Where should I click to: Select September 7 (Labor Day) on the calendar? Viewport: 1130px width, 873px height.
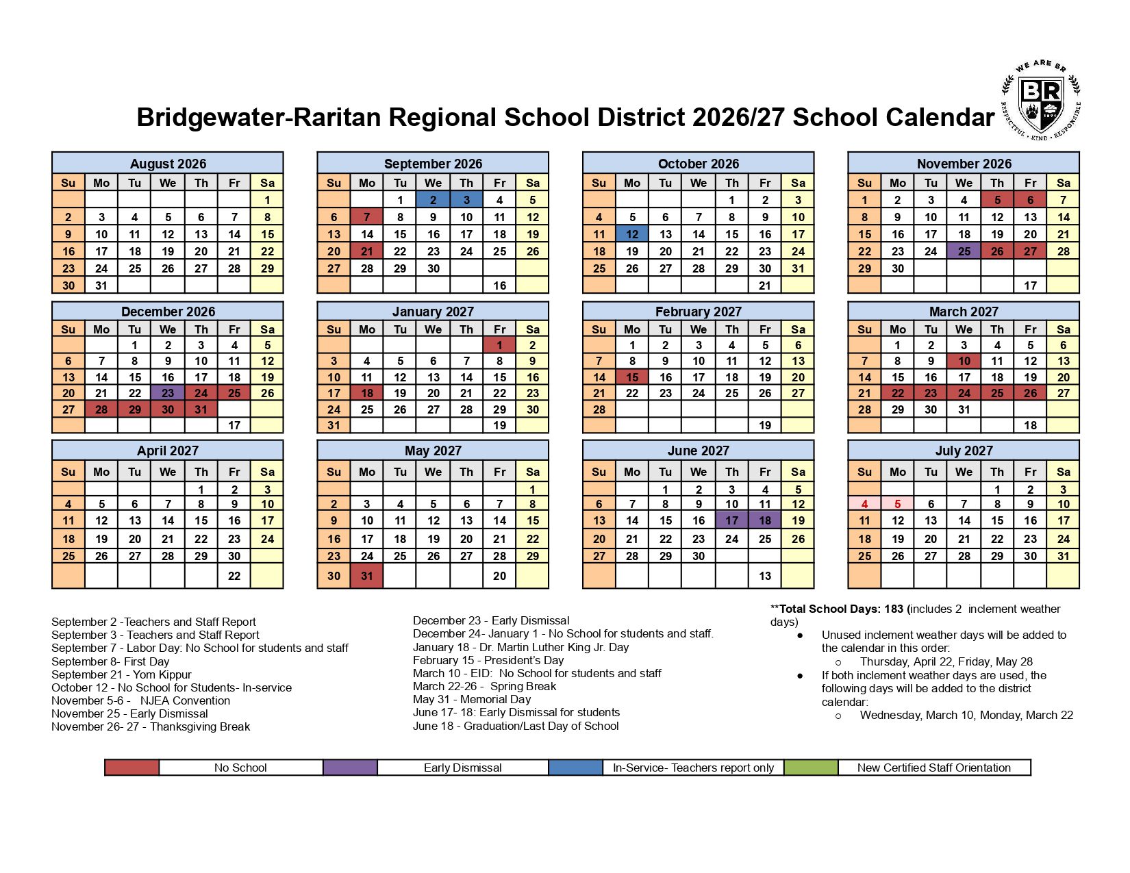tap(367, 217)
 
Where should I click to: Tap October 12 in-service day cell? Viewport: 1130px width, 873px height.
tap(632, 234)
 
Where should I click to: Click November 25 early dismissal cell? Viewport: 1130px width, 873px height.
tap(964, 251)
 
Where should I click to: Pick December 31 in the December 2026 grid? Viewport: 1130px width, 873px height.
tap(201, 409)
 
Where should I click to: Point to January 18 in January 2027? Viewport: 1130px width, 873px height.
tap(367, 393)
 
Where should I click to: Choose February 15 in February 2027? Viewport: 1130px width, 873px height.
tap(632, 377)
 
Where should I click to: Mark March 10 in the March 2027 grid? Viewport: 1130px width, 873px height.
tap(964, 361)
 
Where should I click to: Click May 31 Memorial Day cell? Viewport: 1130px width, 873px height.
tap(367, 576)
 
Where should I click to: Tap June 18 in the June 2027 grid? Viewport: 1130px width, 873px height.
tap(765, 520)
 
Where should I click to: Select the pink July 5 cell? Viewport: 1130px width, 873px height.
tap(897, 504)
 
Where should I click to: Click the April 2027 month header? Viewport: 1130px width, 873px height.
tap(168, 451)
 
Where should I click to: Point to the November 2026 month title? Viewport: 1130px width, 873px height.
tap(964, 164)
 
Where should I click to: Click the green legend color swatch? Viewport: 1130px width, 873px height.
tap(811, 768)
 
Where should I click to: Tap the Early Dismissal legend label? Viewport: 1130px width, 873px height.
tap(462, 768)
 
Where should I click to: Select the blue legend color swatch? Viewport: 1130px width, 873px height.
tap(575, 768)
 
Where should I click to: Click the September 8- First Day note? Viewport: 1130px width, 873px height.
tap(110, 661)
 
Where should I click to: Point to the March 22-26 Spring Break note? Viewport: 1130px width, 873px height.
tap(484, 686)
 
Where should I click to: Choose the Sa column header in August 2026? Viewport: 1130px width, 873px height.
tap(267, 183)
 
